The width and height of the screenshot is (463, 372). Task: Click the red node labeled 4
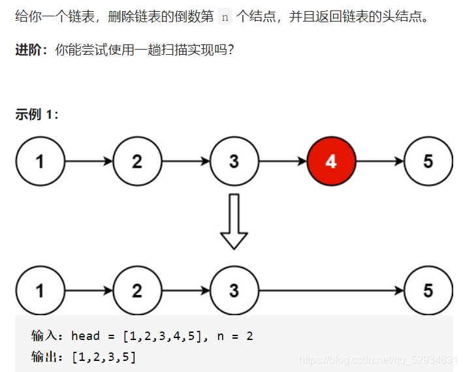(331, 161)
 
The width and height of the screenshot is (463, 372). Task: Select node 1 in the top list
(40, 161)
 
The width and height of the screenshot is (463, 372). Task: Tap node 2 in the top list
(137, 161)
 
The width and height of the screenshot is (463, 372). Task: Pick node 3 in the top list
(234, 161)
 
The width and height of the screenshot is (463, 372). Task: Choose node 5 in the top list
(428, 161)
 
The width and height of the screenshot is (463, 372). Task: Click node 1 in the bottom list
(40, 290)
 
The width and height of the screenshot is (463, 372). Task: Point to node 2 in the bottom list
(137, 290)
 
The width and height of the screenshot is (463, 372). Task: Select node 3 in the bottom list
(234, 290)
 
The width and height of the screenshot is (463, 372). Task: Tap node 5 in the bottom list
(428, 290)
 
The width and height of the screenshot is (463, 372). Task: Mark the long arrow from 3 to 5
(331, 290)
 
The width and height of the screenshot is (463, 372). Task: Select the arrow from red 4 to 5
(379, 161)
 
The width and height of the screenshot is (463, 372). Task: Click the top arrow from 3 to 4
(282, 161)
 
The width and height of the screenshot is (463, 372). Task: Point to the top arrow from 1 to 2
(88, 161)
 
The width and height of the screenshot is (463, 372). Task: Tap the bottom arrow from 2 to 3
(185, 290)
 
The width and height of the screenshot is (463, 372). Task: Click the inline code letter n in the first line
(225, 17)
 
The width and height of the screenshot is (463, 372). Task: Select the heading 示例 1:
(37, 115)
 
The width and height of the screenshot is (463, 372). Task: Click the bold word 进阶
(28, 50)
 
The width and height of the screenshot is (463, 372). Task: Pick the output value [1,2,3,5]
(104, 357)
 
